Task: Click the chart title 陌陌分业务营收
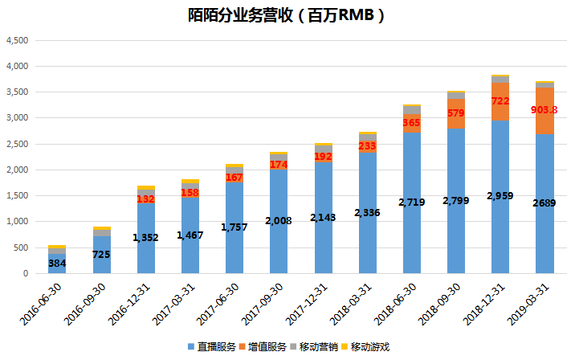tap(287, 16)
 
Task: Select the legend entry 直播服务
tap(211, 347)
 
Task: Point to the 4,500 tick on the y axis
tap(17, 40)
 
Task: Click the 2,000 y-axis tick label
tap(17, 170)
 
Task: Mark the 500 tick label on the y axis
tap(22, 247)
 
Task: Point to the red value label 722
tap(500, 101)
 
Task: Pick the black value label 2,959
tap(500, 196)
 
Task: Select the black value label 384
tap(56, 263)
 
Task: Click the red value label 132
tap(145, 199)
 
